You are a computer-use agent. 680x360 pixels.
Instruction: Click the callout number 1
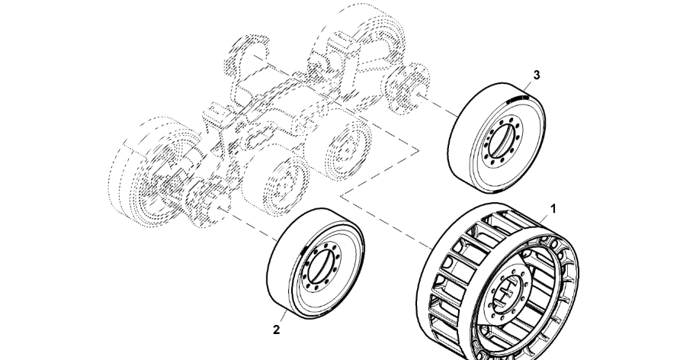[554, 207]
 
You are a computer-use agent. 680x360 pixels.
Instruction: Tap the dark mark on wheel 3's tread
[517, 98]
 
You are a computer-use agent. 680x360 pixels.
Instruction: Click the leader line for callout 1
[546, 217]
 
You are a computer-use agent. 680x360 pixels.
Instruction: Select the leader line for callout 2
[282, 319]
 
